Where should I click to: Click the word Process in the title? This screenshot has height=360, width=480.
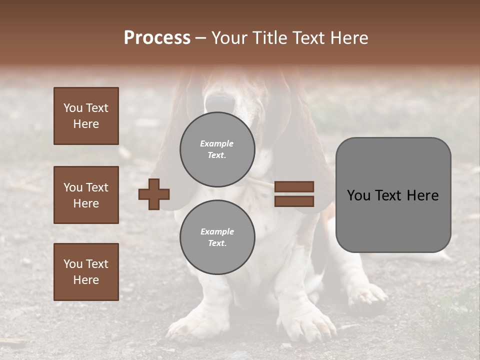click(x=157, y=38)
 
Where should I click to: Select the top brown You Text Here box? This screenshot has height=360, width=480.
click(x=86, y=116)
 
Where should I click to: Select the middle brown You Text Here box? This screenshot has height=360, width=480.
click(x=86, y=195)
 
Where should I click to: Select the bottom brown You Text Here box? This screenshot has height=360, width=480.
click(x=86, y=271)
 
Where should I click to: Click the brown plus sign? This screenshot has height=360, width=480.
click(x=154, y=194)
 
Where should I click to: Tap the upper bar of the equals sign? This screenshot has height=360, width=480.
click(x=294, y=186)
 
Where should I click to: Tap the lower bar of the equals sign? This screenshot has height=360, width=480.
click(x=294, y=201)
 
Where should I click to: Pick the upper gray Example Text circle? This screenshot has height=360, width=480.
click(x=217, y=149)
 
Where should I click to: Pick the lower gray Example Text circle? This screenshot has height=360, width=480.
click(x=217, y=237)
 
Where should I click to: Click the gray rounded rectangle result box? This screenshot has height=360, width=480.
click(x=393, y=195)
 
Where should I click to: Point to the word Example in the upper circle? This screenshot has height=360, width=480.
click(x=217, y=143)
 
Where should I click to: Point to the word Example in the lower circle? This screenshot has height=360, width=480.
click(x=217, y=231)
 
